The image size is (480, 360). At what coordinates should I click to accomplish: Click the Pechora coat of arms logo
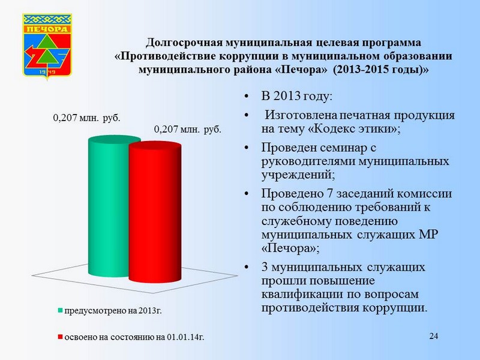click(x=47, y=46)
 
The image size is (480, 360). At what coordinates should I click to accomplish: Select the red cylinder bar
click(x=155, y=212)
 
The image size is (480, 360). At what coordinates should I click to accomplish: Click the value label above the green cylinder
click(x=86, y=118)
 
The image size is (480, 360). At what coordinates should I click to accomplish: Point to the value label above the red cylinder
click(x=187, y=129)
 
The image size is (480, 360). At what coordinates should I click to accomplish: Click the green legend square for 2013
click(x=60, y=310)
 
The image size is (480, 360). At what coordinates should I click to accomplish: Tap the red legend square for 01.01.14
click(x=60, y=337)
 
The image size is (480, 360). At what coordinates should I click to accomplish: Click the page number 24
click(x=433, y=336)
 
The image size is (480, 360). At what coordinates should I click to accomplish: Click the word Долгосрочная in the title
click(x=184, y=43)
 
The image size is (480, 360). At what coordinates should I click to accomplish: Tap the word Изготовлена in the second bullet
click(x=301, y=115)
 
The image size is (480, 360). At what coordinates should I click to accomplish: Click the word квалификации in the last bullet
click(x=302, y=295)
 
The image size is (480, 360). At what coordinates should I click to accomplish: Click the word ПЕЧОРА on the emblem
click(x=47, y=29)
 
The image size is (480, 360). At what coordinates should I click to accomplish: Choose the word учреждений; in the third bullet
click(x=298, y=175)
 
